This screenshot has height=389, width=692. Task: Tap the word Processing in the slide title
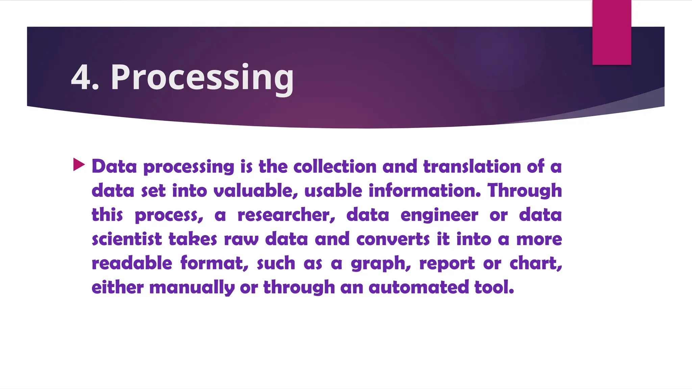pyautogui.click(x=202, y=78)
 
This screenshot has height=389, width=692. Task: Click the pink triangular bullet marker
pyautogui.click(x=79, y=165)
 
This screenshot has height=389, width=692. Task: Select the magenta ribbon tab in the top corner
pyautogui.click(x=612, y=32)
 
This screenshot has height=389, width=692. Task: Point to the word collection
pyautogui.click(x=335, y=166)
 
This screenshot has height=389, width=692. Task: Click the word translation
pyautogui.click(x=472, y=166)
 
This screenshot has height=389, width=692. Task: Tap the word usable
pyautogui.click(x=333, y=191)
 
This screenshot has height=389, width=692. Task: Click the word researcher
pyautogui.click(x=286, y=215)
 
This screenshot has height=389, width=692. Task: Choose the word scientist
pyautogui.click(x=127, y=239)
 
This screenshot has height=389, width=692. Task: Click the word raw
pyautogui.click(x=241, y=239)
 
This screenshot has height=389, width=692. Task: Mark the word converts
pyautogui.click(x=393, y=239)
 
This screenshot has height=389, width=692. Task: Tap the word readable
pyautogui.click(x=132, y=263)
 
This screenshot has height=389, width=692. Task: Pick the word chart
pyautogui.click(x=536, y=264)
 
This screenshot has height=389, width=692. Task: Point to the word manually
pyautogui.click(x=192, y=288)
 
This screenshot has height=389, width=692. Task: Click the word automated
pyautogui.click(x=419, y=288)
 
